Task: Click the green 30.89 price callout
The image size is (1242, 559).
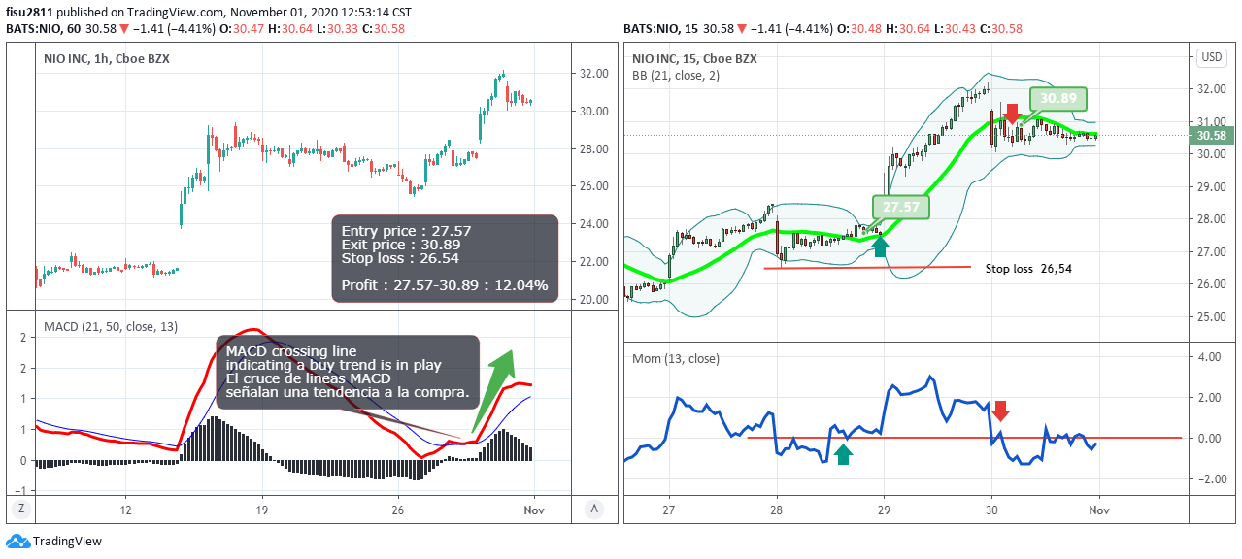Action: coord(1058,98)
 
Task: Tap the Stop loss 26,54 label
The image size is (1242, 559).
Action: coord(1028,268)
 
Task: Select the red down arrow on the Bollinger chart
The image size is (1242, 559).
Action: coord(1012,114)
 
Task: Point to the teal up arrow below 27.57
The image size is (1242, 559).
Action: coord(880,247)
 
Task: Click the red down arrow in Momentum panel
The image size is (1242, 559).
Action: coord(1001,411)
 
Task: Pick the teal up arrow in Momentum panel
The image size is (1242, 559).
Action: coord(843,453)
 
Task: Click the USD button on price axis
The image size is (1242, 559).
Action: coord(1212,57)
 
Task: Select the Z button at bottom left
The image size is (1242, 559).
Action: coord(19,509)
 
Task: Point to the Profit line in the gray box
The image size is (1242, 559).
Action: coord(445,285)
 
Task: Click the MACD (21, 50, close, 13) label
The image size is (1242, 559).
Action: coord(111,327)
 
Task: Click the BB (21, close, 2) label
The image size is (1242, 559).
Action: coord(676,75)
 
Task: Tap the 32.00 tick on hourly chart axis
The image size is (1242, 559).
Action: coord(593,73)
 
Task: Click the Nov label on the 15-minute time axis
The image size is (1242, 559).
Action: coord(1098,510)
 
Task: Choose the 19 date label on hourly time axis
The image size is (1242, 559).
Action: coord(261,510)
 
